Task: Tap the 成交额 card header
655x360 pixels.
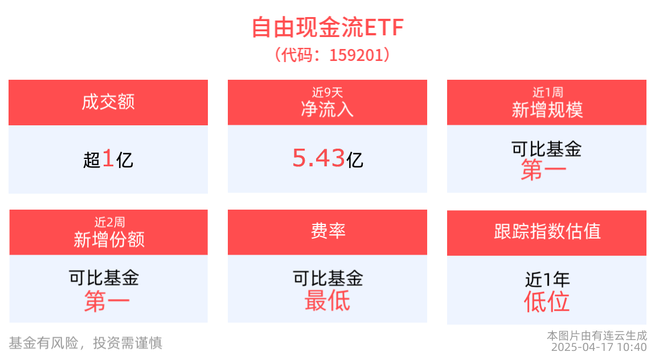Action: [x=108, y=103]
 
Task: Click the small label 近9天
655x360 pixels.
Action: [x=327, y=92]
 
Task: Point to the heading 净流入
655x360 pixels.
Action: [x=327, y=108]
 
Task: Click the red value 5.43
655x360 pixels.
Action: [x=318, y=158]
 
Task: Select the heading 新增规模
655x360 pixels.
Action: [x=547, y=109]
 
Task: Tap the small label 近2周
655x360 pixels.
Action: [x=109, y=222]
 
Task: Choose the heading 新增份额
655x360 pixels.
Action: [x=109, y=239]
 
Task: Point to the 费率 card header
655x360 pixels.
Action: [x=327, y=231]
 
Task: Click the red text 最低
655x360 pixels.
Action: [x=327, y=300]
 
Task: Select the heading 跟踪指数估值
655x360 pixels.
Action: [x=547, y=231]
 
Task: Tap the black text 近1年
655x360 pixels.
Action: [x=547, y=280]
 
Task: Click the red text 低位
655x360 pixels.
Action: [x=547, y=301]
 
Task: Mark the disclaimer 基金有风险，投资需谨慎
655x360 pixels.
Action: [x=85, y=343]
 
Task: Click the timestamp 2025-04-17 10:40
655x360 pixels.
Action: [x=599, y=347]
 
